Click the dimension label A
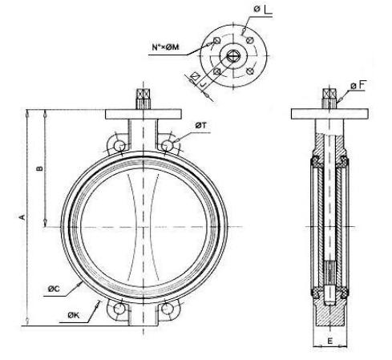23,216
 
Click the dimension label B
39,168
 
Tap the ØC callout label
54,289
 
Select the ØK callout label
74,316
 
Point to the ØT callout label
200,125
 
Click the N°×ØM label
165,47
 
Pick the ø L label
262,9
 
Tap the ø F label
358,85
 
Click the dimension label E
330,341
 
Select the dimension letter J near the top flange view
204,84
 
